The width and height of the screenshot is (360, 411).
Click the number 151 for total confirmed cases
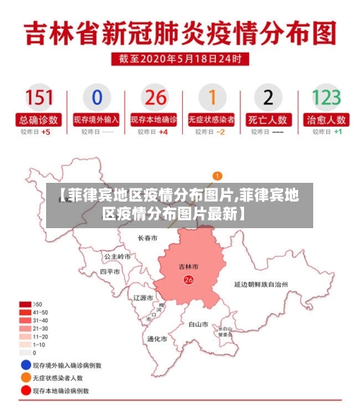(x=39, y=98)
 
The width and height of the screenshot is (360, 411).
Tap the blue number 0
(x=96, y=98)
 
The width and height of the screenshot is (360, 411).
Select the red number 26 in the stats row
(x=154, y=98)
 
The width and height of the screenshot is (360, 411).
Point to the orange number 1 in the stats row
(x=212, y=98)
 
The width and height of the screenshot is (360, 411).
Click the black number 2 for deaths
(x=268, y=98)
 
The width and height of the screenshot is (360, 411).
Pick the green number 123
(x=325, y=98)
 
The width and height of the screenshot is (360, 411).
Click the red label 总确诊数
(x=39, y=119)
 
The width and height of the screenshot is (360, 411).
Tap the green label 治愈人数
(x=325, y=119)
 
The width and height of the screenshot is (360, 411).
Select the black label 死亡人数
(x=268, y=119)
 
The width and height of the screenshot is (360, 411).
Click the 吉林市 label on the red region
(x=189, y=267)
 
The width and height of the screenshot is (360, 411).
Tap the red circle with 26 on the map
(x=189, y=279)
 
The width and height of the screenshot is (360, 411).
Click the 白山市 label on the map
(x=198, y=325)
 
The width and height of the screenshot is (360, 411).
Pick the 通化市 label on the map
(x=157, y=339)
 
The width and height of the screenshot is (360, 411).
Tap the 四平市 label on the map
(x=109, y=272)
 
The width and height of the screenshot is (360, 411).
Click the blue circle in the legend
(x=26, y=365)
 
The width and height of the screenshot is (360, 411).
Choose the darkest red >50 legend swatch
(x=25, y=304)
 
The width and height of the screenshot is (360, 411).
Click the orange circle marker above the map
(x=217, y=175)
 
